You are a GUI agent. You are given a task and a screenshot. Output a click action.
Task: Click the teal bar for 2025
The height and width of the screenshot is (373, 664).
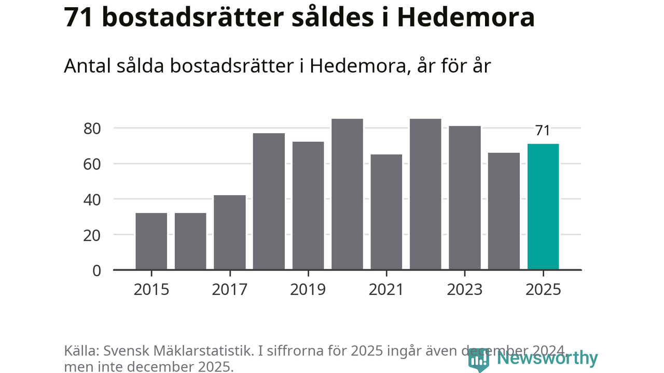coord(543,207)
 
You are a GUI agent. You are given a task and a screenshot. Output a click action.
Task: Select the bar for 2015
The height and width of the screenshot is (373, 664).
coord(151,241)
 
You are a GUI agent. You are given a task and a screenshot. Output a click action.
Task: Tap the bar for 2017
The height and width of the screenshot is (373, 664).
coord(230,233)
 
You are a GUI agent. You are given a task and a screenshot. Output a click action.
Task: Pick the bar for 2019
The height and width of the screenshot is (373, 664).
coord(308,206)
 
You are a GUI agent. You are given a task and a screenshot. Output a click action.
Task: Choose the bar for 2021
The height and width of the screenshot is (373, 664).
coord(386,212)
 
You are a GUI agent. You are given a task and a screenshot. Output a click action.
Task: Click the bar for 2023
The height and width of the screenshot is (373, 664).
coord(465,198)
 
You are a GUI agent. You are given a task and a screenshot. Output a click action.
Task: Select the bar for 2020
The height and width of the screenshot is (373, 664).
coord(347,194)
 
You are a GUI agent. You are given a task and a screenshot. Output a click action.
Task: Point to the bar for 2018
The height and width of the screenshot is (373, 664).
coord(269,202)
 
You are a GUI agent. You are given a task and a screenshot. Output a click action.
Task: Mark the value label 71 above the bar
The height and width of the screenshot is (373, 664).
coord(543,131)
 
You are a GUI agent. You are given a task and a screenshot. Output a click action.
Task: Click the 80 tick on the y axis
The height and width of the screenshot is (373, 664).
coord(91,128)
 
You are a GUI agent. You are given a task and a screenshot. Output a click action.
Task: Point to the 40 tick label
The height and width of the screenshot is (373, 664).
coord(91,199)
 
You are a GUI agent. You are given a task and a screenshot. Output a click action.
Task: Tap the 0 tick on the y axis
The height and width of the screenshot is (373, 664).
coord(96,270)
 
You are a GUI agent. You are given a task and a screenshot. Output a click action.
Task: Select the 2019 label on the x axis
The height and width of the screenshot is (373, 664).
coord(308,290)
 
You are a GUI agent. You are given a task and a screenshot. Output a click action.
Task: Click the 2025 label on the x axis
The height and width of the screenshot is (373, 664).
coord(543,290)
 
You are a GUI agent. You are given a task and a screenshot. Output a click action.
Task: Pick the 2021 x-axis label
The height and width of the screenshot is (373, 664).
coord(386,290)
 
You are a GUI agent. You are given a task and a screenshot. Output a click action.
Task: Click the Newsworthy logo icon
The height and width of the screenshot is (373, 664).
coord(478,359)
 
